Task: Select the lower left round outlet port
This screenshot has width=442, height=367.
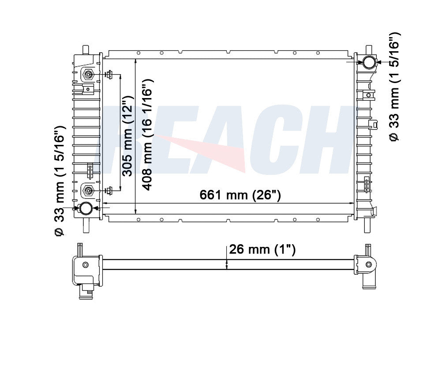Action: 86,208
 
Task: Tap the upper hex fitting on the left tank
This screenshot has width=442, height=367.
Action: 88,76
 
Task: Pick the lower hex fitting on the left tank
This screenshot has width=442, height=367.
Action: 88,191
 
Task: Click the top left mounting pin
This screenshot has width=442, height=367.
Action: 85,48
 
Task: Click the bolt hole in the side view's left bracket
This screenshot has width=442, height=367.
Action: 85,265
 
